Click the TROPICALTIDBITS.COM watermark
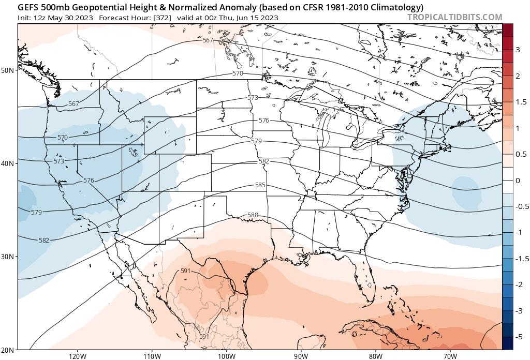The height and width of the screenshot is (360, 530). [x=454, y=17]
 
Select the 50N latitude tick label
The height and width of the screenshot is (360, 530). [x=8, y=70]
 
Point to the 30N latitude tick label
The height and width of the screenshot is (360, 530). [x=8, y=257]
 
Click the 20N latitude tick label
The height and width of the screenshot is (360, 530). [x=8, y=350]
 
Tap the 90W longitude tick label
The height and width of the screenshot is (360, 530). [x=301, y=356]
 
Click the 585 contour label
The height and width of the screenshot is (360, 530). [x=260, y=185]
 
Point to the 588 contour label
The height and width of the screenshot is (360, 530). [x=253, y=215]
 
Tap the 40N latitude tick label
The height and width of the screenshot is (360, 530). [x=8, y=163]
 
